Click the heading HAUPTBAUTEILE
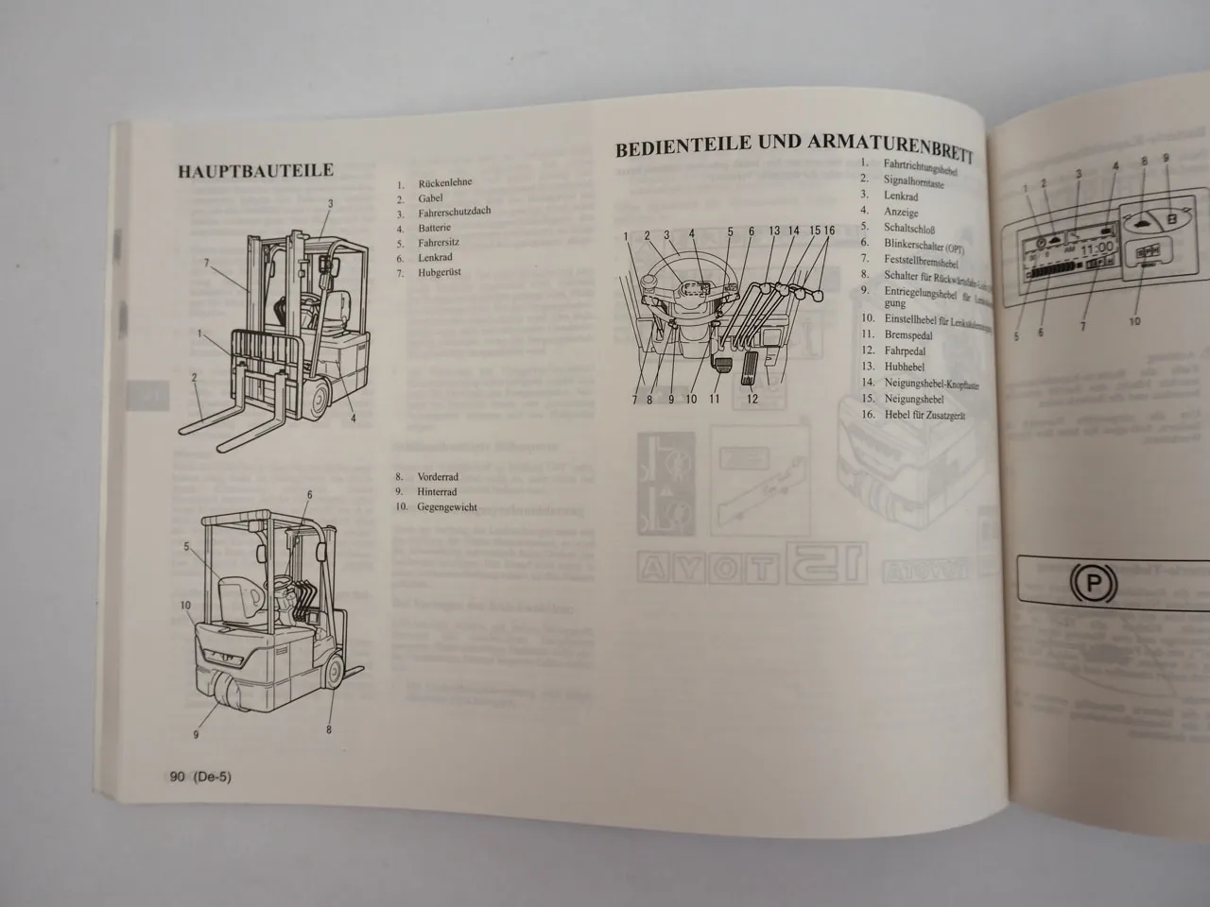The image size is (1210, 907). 254,172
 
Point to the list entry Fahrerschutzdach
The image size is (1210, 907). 454,214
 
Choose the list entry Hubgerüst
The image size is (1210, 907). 441,273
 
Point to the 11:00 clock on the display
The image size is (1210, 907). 1098,248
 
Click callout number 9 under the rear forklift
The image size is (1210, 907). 196,734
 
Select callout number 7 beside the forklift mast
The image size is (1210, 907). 207,263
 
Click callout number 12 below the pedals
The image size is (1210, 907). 752,399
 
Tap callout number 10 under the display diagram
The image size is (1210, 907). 1134,321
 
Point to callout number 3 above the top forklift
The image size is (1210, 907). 330,203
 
